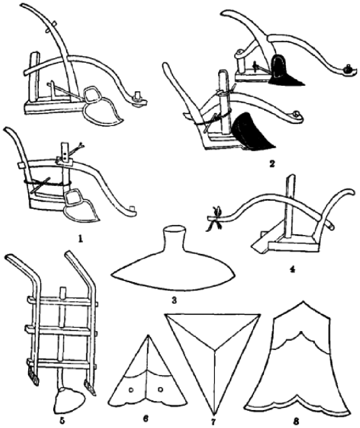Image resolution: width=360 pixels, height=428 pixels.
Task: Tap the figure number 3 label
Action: click(x=173, y=301)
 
